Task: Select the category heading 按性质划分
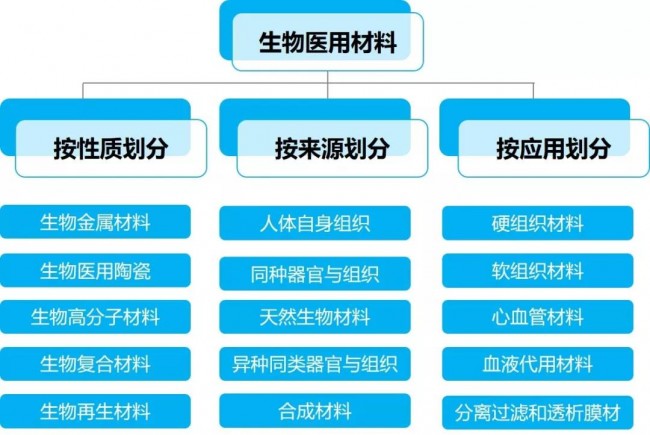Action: (110, 149)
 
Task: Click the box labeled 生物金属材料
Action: (95, 221)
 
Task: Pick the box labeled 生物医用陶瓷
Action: (95, 269)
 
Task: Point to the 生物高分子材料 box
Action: (95, 317)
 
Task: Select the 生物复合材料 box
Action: (95, 363)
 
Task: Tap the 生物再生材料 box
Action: (95, 410)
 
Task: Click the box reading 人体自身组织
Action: (315, 222)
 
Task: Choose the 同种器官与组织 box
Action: (315, 270)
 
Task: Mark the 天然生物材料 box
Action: (315, 317)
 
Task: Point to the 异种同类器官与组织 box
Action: (315, 363)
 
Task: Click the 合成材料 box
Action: (315, 410)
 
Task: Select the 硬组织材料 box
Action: (537, 222)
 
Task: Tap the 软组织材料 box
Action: (537, 270)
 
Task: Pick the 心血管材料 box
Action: (537, 317)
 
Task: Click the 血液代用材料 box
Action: (537, 363)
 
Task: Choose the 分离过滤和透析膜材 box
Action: (537, 410)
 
